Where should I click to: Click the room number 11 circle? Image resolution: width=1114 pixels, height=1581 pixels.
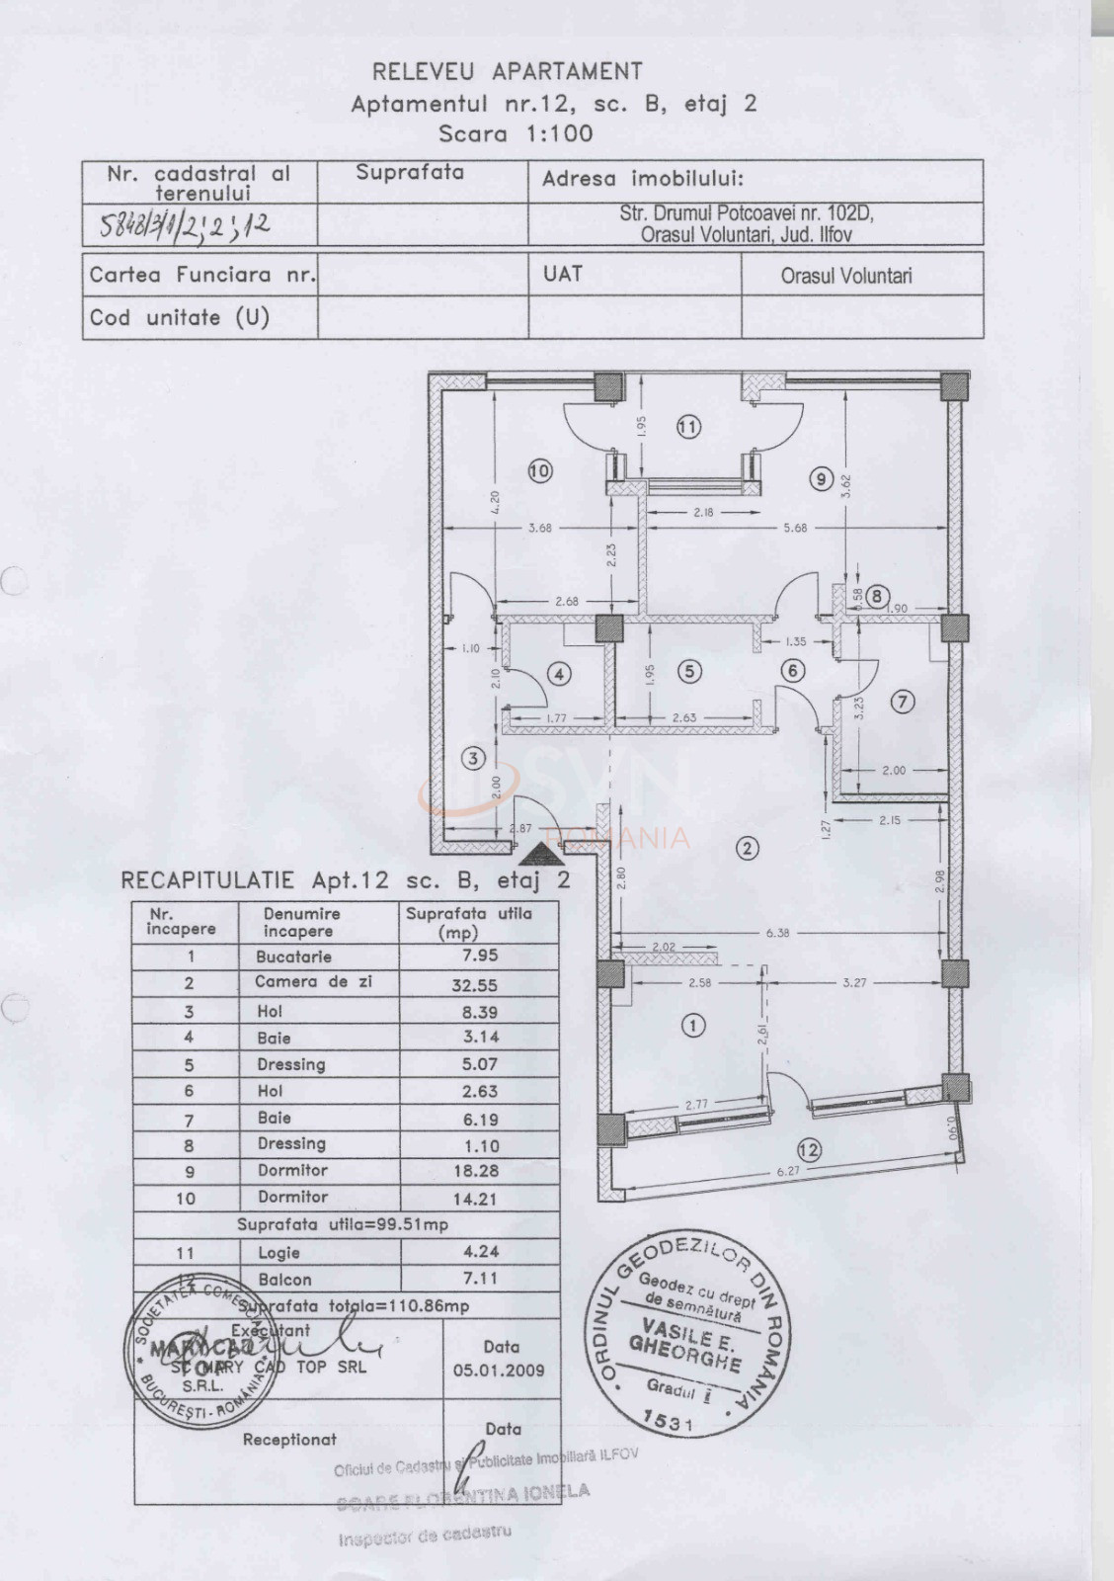click(x=688, y=427)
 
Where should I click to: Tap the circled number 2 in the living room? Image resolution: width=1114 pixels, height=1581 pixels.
click(x=748, y=847)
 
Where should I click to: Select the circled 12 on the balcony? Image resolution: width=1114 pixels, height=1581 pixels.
click(x=809, y=1149)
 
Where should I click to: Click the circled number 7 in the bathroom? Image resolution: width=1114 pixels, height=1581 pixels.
click(x=902, y=702)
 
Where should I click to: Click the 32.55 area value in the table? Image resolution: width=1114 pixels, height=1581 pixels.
click(x=474, y=985)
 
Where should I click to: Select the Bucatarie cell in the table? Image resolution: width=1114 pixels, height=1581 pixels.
click(x=293, y=957)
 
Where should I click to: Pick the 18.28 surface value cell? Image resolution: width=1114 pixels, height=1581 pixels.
click(x=474, y=1171)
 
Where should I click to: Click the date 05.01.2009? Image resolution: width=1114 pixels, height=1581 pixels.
click(x=499, y=1371)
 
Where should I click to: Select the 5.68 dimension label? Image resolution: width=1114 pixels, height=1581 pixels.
click(x=795, y=528)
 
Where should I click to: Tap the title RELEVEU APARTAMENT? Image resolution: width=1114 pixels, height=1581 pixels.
click(x=508, y=71)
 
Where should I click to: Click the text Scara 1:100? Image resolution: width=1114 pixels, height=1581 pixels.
click(x=516, y=133)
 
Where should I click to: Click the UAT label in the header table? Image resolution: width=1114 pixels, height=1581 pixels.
click(x=562, y=274)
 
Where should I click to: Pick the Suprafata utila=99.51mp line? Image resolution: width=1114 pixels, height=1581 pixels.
click(x=343, y=1224)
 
